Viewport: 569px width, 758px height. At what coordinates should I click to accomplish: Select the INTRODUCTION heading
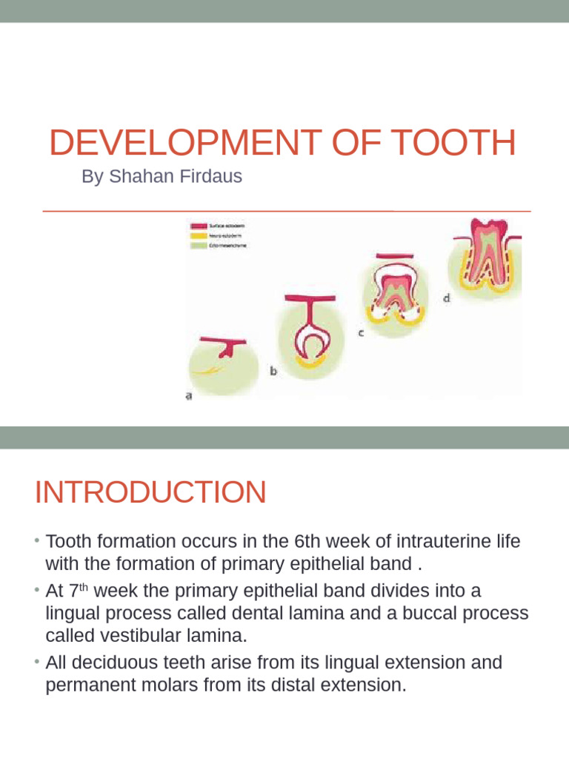(x=150, y=492)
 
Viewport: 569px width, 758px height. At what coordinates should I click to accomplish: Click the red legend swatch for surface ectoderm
(x=199, y=225)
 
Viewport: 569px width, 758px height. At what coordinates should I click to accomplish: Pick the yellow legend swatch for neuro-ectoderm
(x=199, y=235)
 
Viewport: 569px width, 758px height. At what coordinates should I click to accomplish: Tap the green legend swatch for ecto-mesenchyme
(x=199, y=246)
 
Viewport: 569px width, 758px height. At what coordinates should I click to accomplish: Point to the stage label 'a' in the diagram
(x=188, y=396)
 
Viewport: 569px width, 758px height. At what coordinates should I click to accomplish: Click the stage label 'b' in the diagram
(x=273, y=372)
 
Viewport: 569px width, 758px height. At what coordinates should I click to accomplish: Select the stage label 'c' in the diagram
(x=361, y=333)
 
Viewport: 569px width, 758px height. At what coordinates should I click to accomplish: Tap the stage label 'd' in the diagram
(x=446, y=298)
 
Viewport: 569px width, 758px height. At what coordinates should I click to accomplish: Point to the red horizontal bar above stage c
(x=394, y=258)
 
